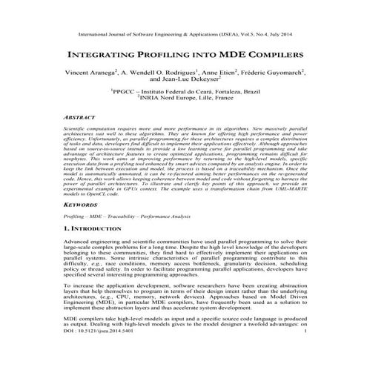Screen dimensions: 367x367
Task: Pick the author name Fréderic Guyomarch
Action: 275,74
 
